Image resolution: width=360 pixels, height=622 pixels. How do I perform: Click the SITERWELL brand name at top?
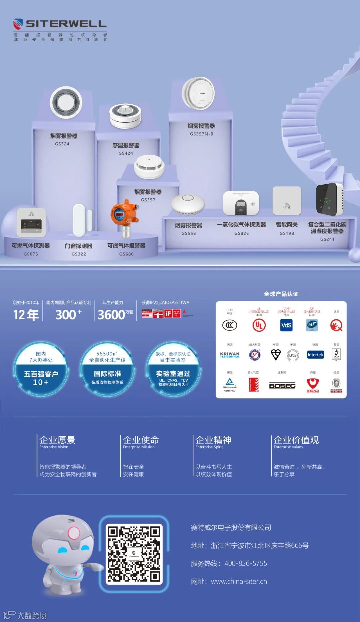66,24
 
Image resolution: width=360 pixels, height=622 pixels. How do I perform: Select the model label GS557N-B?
201,134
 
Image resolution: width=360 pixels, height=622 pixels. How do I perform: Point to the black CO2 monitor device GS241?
329,199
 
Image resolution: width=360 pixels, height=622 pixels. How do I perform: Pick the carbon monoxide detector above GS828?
241,203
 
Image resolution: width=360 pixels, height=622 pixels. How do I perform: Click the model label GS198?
287,233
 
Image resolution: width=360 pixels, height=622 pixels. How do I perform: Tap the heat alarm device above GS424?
125,116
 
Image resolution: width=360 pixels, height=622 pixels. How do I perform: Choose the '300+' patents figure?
68,315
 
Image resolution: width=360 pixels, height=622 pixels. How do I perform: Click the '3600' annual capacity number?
111,315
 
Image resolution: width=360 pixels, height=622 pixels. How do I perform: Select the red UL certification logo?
259,325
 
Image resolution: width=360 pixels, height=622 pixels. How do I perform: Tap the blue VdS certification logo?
286,325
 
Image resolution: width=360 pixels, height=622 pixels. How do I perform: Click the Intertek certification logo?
315,355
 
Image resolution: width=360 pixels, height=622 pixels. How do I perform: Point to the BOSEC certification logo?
282,386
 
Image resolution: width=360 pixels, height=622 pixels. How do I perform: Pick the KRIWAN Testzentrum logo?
230,355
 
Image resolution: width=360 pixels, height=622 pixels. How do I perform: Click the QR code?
134,554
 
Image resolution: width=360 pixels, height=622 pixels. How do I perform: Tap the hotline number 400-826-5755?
246,563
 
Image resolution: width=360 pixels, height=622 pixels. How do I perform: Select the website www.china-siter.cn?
239,581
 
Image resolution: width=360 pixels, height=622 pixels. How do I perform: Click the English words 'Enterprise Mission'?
139,447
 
